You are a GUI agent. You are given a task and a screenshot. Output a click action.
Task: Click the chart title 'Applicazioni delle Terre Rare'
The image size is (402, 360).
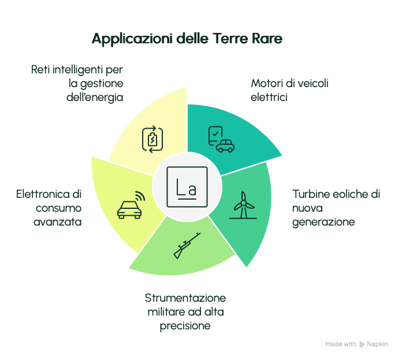187,39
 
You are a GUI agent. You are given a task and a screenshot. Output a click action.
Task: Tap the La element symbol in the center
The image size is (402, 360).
187,187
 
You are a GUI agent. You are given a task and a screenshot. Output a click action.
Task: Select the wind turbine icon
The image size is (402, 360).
242,205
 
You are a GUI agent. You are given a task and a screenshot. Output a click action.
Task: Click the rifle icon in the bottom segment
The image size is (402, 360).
187,245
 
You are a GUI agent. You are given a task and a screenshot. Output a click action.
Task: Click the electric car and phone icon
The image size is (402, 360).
221,139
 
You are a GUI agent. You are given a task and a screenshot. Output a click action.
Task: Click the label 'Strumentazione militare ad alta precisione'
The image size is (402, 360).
185,312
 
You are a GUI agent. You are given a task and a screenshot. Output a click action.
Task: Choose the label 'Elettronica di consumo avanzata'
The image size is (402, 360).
49,208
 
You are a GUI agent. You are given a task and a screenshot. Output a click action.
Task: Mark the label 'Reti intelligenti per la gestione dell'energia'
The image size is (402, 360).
78,84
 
